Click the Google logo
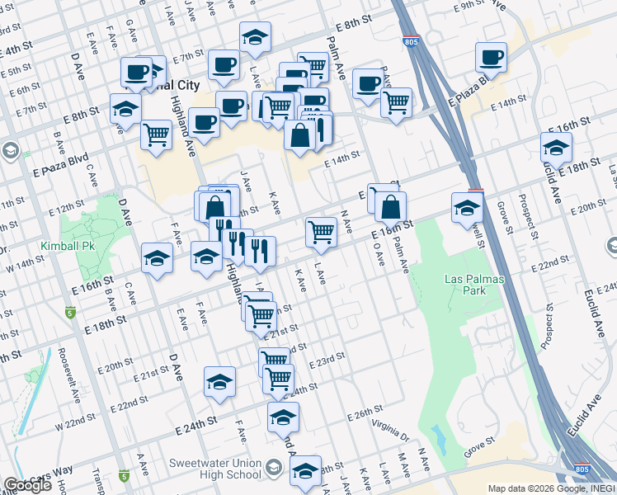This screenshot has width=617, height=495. (x=27, y=485)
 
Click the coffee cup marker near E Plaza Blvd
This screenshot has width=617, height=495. (x=491, y=58)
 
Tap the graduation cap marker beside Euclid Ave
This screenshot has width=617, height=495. (x=556, y=148)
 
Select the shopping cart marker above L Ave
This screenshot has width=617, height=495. (x=320, y=232)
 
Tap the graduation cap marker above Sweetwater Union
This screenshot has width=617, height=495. (x=283, y=417)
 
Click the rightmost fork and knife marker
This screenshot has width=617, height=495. (x=261, y=251)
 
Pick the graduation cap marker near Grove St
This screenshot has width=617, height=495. (x=467, y=209)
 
